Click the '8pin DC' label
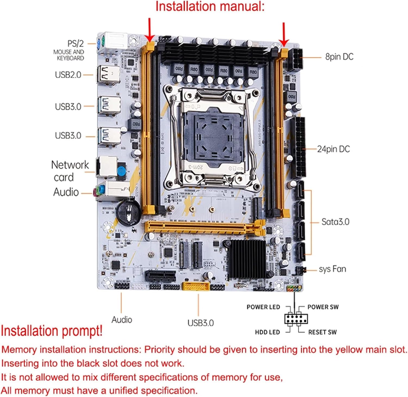point(339,57)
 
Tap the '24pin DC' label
point(333,149)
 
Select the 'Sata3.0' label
point(335,222)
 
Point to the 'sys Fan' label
point(332,269)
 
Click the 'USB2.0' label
point(68,75)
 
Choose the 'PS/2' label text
point(75,44)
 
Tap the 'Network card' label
point(70,171)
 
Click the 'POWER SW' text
point(323,307)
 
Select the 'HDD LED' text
point(267,332)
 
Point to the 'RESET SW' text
point(322,332)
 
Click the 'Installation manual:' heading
point(210,7)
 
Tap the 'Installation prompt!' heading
point(52,331)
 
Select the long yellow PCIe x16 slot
point(204,227)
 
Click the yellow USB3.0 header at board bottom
point(196,286)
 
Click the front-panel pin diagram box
point(296,319)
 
